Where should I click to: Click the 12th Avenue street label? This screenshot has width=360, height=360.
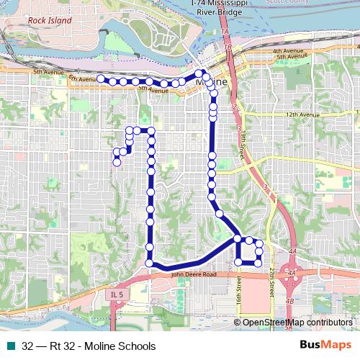point(302,114)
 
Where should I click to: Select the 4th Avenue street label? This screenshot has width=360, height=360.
point(287,52)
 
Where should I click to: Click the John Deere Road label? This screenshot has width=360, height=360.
point(194,274)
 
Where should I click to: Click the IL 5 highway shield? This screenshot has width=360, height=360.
point(119,294)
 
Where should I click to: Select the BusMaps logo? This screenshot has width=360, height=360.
point(327,346)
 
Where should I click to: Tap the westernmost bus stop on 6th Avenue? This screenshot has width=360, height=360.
point(101,78)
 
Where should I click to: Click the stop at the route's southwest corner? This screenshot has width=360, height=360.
point(150,264)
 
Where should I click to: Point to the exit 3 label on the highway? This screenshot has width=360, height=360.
point(265,187)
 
